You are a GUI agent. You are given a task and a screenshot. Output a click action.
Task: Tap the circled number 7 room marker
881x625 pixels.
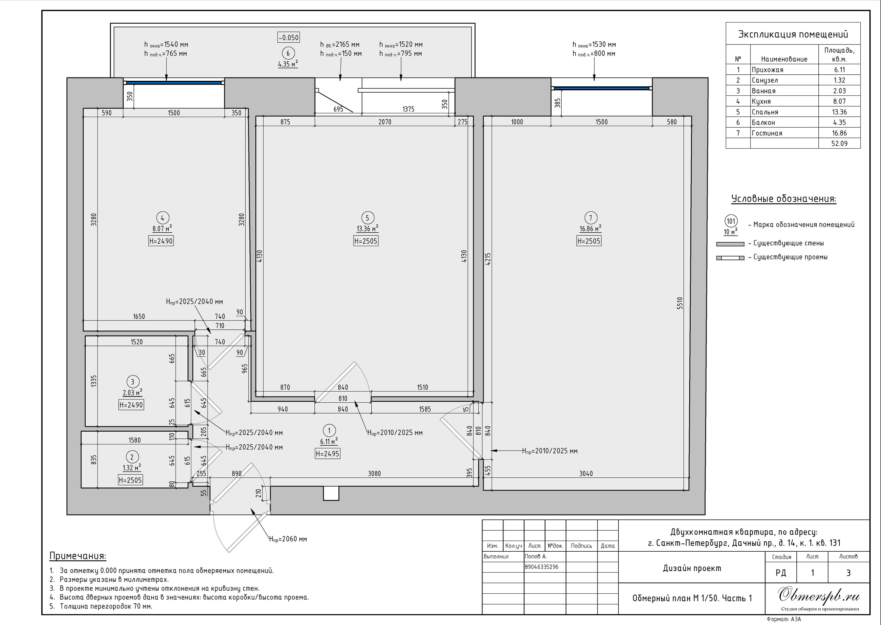coord(591,218)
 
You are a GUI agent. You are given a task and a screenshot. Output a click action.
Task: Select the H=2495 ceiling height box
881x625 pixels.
coord(327,454)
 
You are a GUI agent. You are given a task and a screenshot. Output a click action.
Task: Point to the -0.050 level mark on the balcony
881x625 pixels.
coord(288,37)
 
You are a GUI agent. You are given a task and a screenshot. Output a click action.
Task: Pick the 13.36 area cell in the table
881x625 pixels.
coord(839,112)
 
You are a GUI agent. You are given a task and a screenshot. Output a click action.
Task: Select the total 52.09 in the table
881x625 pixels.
coord(839,144)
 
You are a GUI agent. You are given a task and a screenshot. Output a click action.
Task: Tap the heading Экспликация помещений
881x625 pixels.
coord(793,34)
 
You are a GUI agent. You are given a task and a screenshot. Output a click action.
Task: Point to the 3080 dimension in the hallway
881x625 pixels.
coord(374,473)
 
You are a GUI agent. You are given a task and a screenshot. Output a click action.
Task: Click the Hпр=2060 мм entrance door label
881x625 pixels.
coord(288,539)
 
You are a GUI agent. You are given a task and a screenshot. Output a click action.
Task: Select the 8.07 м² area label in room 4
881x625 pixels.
coord(162,228)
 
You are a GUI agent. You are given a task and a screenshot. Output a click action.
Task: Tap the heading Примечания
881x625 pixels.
coord(78,556)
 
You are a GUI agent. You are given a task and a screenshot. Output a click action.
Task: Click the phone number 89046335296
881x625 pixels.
coord(542,567)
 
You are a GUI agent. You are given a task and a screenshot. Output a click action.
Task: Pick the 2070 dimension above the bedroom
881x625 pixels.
coord(385,122)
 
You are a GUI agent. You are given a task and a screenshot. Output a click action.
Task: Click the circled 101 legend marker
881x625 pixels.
coord(731,221)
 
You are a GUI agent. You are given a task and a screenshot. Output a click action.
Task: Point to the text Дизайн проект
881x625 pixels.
coord(692,569)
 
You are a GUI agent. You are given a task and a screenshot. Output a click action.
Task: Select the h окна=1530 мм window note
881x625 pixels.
coord(594,45)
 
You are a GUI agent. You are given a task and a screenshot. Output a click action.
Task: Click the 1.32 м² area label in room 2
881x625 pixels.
coord(132,468)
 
